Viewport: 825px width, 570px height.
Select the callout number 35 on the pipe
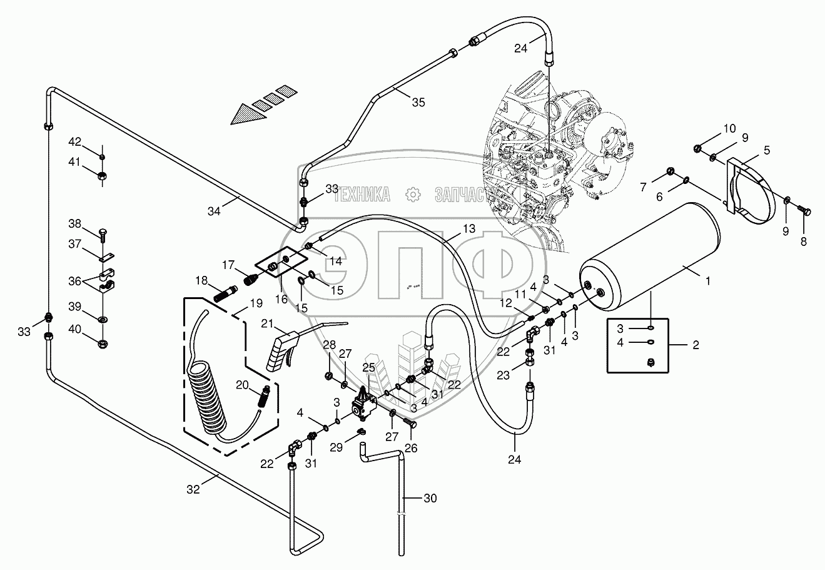(x=418, y=101)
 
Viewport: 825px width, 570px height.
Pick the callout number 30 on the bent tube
(x=430, y=498)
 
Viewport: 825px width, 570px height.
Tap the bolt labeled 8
(x=804, y=212)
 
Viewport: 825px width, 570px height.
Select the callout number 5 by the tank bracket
(x=766, y=150)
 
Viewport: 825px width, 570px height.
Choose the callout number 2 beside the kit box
(x=695, y=345)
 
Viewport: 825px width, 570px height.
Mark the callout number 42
(x=75, y=141)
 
